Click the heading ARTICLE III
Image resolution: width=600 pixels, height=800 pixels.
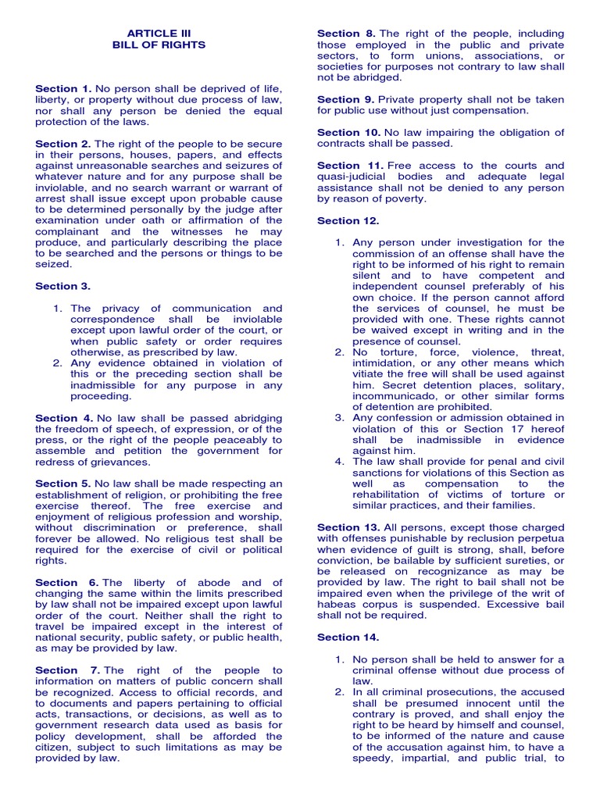[159, 34]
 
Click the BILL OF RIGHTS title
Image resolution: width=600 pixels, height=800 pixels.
[159, 45]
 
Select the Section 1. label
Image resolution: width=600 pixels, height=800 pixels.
[63, 89]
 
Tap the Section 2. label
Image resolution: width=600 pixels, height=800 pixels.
[63, 144]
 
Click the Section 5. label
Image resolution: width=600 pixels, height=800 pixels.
[63, 484]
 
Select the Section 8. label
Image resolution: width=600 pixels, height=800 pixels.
[346, 34]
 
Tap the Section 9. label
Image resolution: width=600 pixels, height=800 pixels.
[346, 100]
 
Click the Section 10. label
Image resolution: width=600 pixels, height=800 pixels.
[348, 133]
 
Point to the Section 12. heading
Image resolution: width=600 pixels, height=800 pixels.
[348, 221]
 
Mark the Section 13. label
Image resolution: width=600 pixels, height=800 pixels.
[348, 527]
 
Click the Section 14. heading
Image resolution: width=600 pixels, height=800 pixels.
[348, 637]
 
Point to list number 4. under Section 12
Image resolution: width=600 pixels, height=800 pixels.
[340, 462]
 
